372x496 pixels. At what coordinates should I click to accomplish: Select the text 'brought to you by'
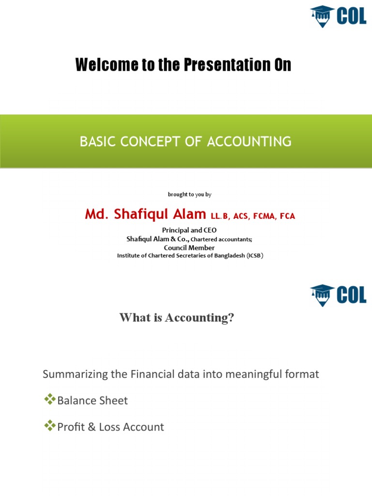point(189,194)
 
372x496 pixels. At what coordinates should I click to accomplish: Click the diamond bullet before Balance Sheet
point(49,400)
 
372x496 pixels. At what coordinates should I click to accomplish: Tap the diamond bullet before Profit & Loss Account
point(49,426)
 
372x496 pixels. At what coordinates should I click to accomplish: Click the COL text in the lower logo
point(351,294)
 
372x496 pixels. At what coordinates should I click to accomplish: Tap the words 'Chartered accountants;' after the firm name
point(221,239)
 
